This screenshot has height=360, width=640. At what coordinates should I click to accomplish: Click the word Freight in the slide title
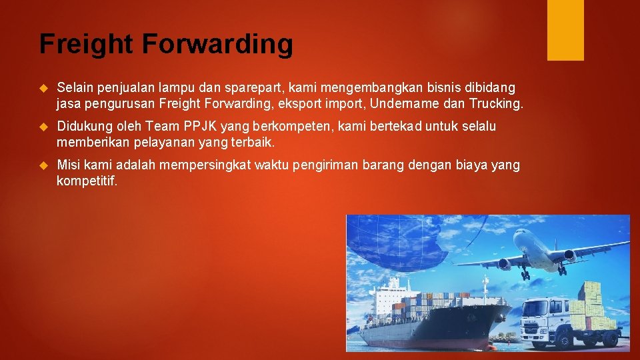tap(86, 44)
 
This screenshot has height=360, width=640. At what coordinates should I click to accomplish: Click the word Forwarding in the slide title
tap(217, 44)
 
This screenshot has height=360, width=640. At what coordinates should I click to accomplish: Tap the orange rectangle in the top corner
tap(565, 29)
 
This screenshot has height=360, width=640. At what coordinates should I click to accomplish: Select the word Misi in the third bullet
tap(69, 165)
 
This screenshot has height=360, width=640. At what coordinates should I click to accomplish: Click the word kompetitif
tap(87, 181)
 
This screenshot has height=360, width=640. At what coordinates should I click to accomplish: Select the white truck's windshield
tap(538, 309)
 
